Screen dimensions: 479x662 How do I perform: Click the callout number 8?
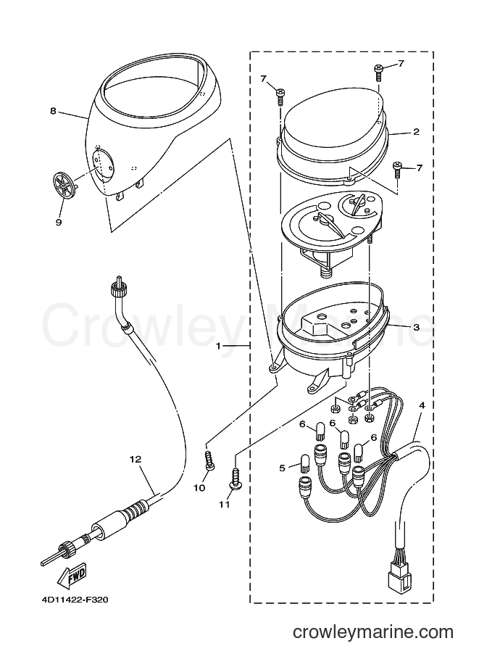(x=53, y=111)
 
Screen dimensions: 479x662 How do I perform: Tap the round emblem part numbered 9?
(x=64, y=186)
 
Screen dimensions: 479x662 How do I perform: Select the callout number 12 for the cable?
(x=136, y=459)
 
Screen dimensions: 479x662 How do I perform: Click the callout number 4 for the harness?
(x=422, y=405)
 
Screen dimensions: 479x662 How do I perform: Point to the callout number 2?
(x=416, y=132)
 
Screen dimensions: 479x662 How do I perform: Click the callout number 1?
(x=219, y=346)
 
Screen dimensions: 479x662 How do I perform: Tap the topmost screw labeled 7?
(x=378, y=73)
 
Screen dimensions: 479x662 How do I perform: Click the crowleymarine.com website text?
(x=373, y=632)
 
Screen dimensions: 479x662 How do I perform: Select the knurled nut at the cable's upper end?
(x=117, y=289)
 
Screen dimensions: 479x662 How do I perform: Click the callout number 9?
(x=59, y=222)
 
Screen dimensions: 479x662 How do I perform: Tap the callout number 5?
(x=283, y=468)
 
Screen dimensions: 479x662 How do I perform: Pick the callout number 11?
(x=224, y=504)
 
